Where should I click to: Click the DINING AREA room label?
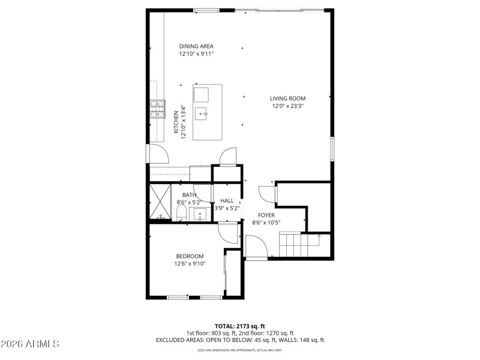(196, 46)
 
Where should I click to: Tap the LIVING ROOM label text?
(287, 98)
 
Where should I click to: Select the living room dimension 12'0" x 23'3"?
(287, 106)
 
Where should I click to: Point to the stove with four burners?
(158, 109)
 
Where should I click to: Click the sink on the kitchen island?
(204, 112)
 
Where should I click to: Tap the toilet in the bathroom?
(182, 214)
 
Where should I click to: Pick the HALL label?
(227, 201)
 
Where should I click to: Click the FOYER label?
(266, 215)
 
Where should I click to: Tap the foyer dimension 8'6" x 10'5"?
(266, 223)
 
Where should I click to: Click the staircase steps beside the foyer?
(298, 245)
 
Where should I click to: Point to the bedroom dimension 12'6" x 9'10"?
(190, 263)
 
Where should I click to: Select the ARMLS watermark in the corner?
(30, 344)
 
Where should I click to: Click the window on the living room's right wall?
(332, 148)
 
